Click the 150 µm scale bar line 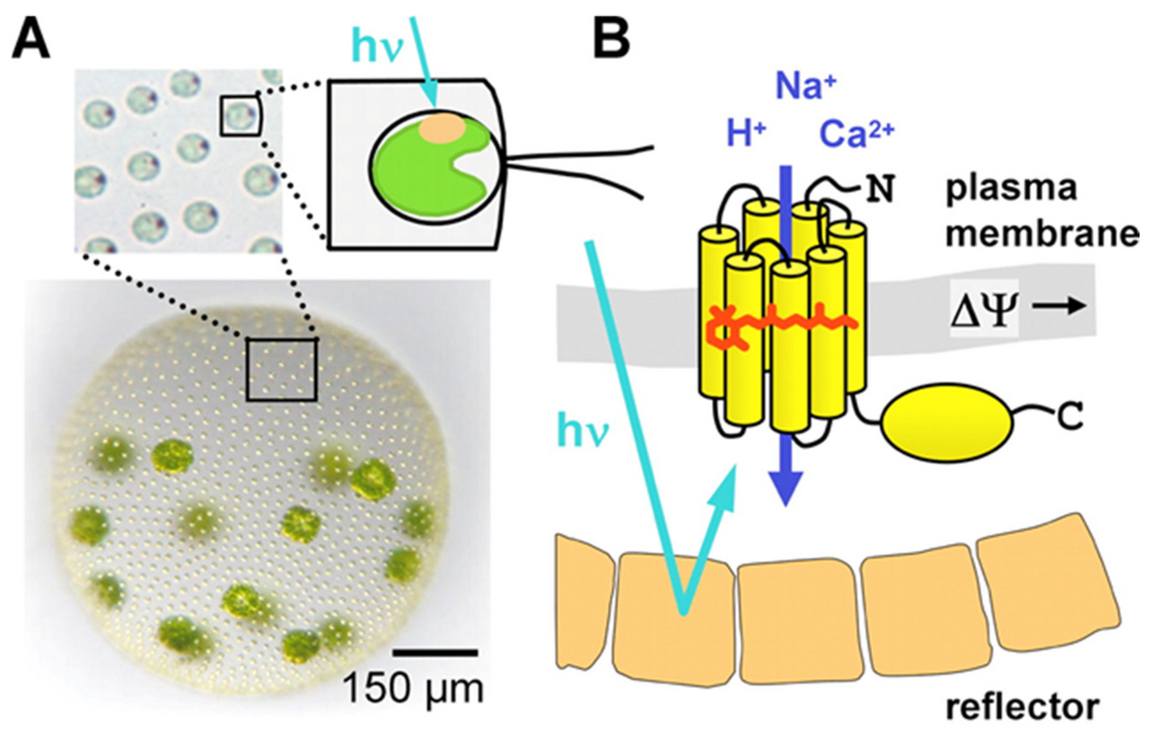tap(434, 651)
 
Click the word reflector tap(1021, 708)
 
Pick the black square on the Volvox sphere tap(282, 369)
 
